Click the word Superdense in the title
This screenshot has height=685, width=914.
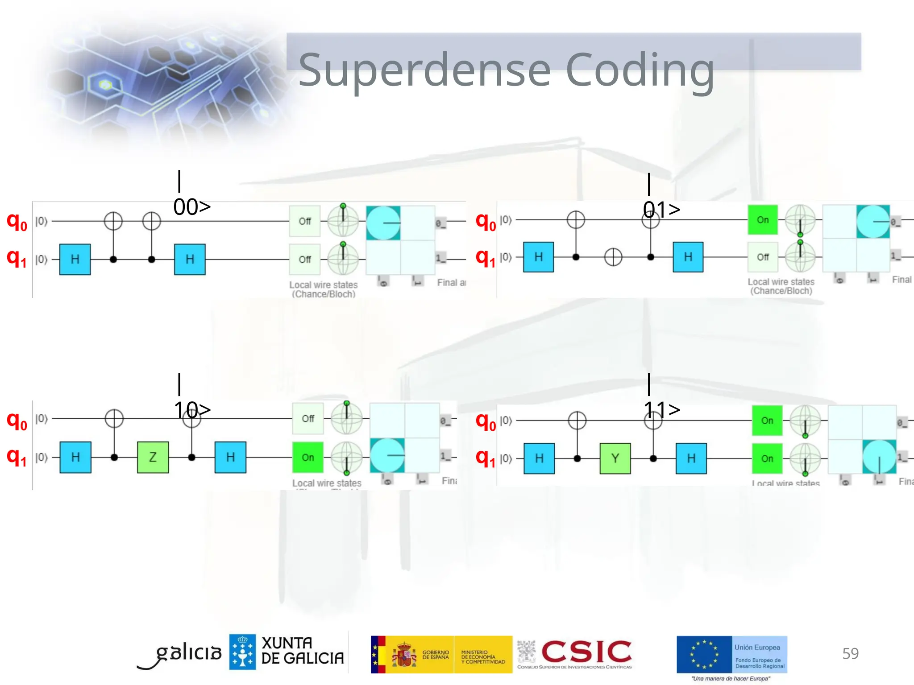click(x=424, y=70)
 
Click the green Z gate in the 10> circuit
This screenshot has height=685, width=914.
click(x=153, y=457)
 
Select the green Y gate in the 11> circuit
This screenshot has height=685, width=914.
click(x=615, y=458)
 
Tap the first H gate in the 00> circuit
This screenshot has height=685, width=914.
click(x=75, y=259)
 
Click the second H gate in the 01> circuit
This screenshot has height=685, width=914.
click(x=688, y=257)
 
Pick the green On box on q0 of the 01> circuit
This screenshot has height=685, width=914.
click(x=763, y=220)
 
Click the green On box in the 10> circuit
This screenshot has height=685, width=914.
click(x=308, y=457)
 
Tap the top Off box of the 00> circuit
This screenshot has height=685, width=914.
click(x=305, y=221)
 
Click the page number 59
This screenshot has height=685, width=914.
click(x=850, y=653)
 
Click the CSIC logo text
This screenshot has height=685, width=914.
click(x=586, y=652)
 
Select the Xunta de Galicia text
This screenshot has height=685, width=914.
click(x=302, y=651)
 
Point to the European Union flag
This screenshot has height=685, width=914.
click(x=704, y=654)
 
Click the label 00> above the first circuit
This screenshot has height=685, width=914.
click(x=192, y=207)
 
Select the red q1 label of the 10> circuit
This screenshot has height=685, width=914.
click(x=17, y=457)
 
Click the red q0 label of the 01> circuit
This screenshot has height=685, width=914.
click(x=486, y=221)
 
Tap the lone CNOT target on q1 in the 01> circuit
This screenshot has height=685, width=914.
click(x=613, y=257)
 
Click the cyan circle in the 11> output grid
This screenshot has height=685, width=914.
click(x=879, y=457)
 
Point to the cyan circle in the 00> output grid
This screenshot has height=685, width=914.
click(x=383, y=223)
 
